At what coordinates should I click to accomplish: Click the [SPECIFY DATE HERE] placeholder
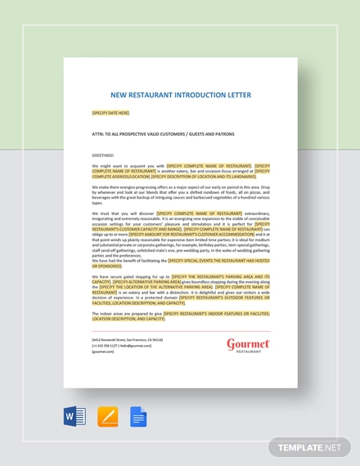point(110,113)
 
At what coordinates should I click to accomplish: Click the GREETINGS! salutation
point(104,155)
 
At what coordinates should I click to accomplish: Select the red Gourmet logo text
point(247,344)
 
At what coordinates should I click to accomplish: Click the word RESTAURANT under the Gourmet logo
point(247,354)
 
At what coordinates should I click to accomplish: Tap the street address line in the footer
point(127,338)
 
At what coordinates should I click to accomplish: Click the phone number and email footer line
point(122,345)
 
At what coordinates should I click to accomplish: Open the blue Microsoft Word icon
point(74,418)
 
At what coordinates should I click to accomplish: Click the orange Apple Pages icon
point(107,418)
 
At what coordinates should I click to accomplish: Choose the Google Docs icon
point(137,418)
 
